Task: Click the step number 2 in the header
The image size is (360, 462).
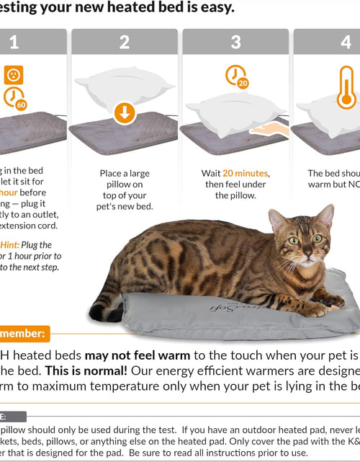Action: point(125,43)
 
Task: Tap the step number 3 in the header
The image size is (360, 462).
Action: point(235,43)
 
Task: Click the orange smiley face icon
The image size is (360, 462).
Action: point(14,74)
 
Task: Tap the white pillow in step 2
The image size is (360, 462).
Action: point(125,89)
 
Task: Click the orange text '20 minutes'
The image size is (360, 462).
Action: point(247,174)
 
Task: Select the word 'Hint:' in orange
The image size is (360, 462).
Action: point(14,244)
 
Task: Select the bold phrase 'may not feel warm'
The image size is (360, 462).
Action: point(138,355)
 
